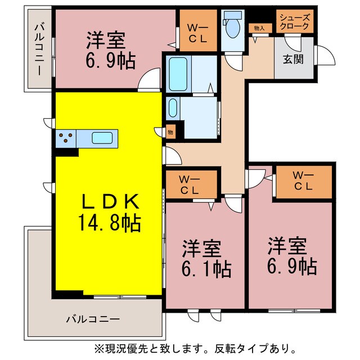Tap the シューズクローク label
(x=294, y=21)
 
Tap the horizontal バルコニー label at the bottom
(x=93, y=319)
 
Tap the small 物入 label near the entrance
(x=259, y=27)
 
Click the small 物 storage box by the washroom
(x=170, y=132)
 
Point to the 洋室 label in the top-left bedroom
(x=106, y=40)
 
